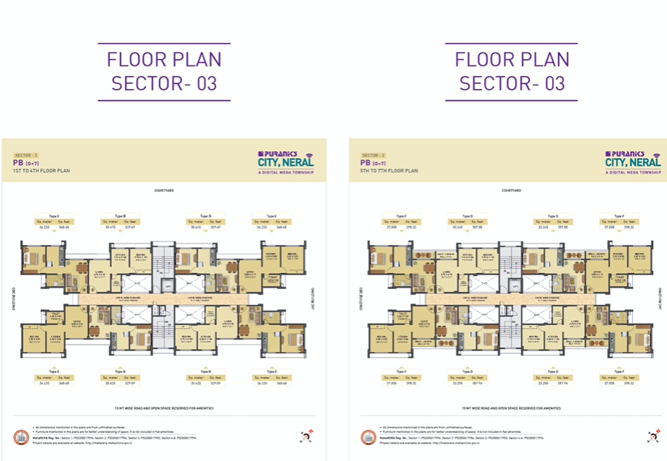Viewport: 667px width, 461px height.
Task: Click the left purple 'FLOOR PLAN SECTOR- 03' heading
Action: pos(164,71)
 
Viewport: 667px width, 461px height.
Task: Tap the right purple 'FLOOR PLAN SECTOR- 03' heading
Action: pos(512,71)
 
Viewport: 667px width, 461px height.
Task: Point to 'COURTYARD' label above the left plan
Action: pos(164,190)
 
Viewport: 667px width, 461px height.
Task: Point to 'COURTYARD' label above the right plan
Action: pos(511,190)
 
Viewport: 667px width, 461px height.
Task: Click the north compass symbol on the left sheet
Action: pos(305,436)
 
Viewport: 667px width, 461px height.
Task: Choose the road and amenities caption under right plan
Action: pos(511,407)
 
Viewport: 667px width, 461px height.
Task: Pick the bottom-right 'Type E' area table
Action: pos(272,381)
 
